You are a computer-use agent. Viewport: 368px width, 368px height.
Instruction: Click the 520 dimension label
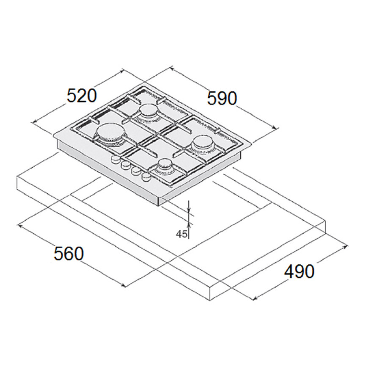pos(82,96)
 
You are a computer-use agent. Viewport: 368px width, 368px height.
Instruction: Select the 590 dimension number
pos(222,98)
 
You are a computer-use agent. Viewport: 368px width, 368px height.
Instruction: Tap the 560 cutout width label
pos(69,253)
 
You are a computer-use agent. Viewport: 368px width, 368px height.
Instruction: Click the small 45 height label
pos(181,234)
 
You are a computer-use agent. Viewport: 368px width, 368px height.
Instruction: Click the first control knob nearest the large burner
pos(115,159)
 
